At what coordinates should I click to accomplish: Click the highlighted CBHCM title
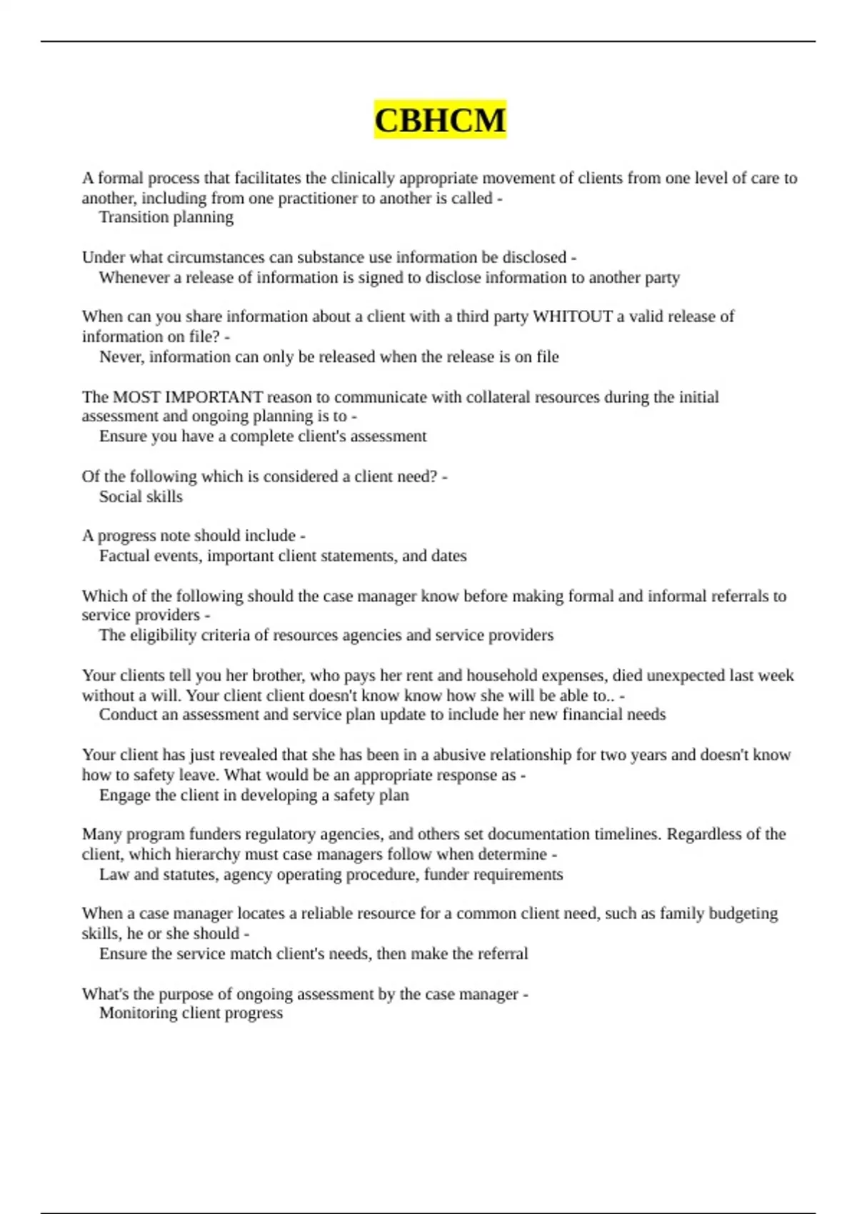(440, 119)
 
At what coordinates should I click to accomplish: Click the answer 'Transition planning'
(166, 217)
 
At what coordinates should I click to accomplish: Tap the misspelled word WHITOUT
(573, 316)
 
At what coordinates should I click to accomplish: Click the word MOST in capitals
(136, 397)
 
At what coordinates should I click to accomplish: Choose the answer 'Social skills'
(141, 496)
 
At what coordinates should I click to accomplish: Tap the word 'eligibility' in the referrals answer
(163, 635)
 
